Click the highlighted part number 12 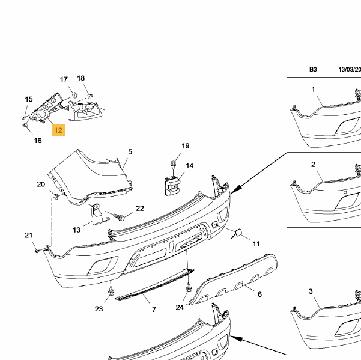coord(58,130)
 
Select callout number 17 coord(64,80)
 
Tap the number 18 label coord(81,78)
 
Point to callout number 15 coord(28,99)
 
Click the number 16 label coord(38,141)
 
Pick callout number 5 coord(129,152)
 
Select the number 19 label coord(185,146)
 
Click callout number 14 coord(189,166)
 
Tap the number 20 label coord(41,184)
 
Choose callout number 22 coord(140,209)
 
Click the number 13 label coord(77,230)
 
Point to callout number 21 coord(28,235)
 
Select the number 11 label coord(256,243)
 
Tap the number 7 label coord(154,309)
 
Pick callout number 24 coord(180,308)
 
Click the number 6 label coord(259,294)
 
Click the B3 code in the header coord(313,70)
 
